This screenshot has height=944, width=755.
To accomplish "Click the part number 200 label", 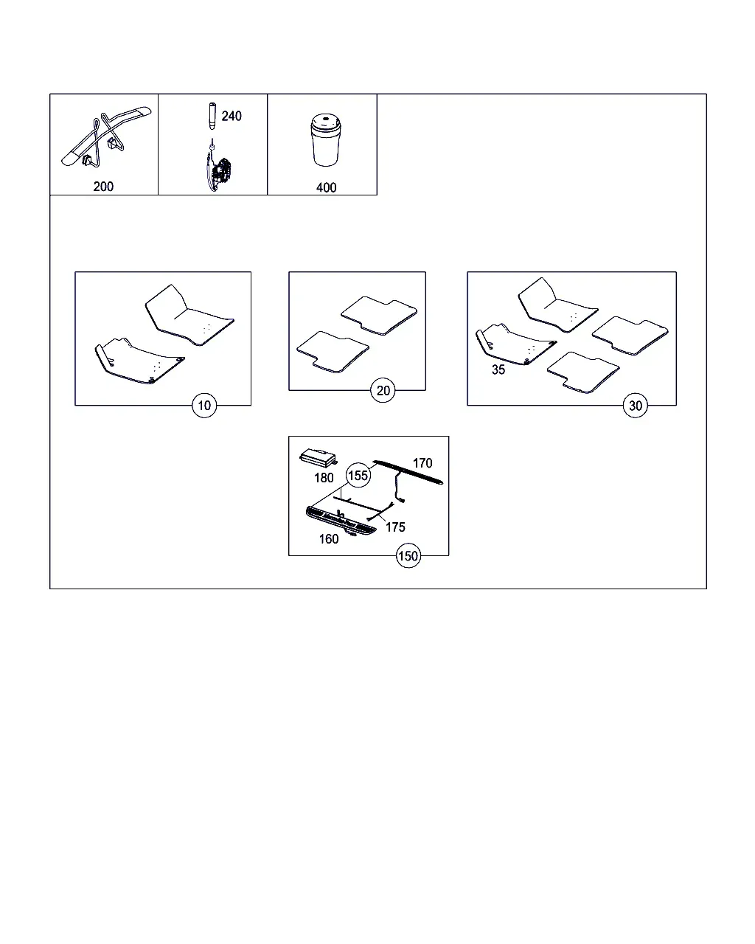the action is (x=103, y=187).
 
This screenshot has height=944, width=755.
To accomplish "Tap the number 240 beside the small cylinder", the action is (x=232, y=116).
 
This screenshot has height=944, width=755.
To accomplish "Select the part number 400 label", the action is (x=326, y=187).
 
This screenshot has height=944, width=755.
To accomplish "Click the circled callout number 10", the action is (x=204, y=406).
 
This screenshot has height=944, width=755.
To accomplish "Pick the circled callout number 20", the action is (x=383, y=390).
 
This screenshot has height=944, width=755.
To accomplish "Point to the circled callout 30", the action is (x=636, y=406).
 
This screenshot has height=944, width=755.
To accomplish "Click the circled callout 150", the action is (x=408, y=556).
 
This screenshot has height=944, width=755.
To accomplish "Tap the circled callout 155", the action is (x=358, y=475).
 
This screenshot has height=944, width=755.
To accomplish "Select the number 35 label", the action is (x=498, y=369).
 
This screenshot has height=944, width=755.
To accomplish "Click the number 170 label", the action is (x=422, y=463).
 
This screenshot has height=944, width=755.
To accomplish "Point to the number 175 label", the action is (x=395, y=527).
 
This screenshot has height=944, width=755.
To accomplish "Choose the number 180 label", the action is (x=324, y=478).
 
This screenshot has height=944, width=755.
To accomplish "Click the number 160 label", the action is (x=329, y=538).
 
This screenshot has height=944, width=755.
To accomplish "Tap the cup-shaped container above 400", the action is (x=325, y=140).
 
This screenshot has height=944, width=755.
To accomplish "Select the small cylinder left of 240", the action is (x=212, y=116).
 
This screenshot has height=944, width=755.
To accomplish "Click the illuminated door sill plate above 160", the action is (x=341, y=521).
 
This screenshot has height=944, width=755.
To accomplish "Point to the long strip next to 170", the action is (x=408, y=473).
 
